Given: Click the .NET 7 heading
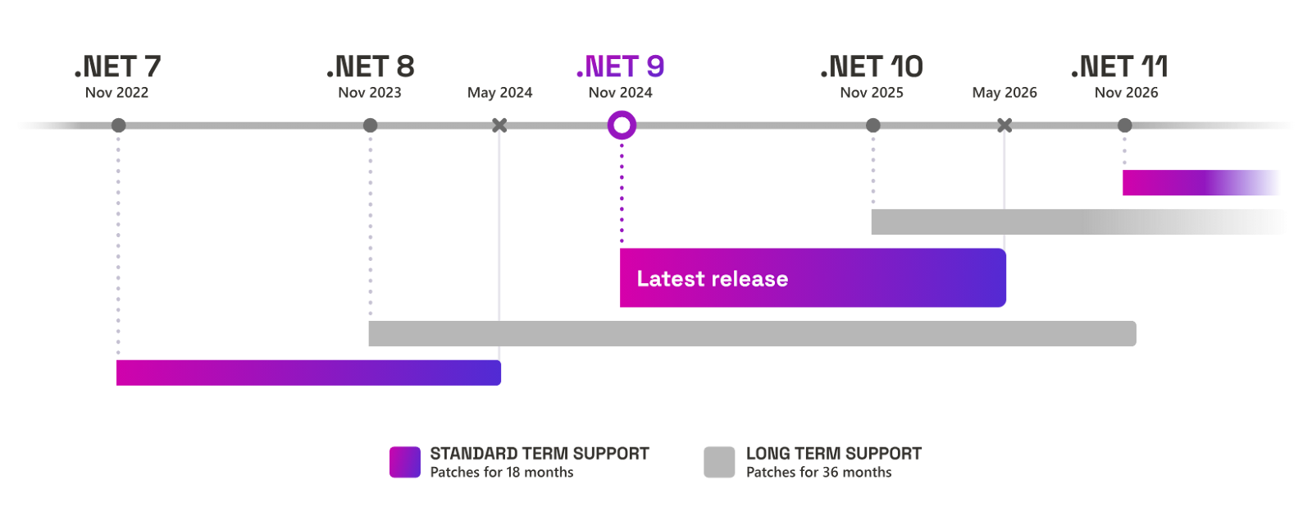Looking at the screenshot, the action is point(118,66).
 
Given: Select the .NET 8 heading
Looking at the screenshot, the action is point(370,66).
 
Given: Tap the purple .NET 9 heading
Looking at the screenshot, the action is point(620,66).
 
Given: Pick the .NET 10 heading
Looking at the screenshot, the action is point(872,66).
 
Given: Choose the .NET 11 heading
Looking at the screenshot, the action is point(1119,66).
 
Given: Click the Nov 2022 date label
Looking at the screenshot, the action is point(116,93).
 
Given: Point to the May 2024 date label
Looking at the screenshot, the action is point(499,93).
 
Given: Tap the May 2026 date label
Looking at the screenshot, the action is point(1004,93).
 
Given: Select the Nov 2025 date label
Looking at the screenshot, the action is point(872,93).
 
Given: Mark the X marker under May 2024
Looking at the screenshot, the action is point(499,125).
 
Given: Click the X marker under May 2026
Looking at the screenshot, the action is point(1004,125).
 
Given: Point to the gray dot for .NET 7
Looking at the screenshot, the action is point(118,125).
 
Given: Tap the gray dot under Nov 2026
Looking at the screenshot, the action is point(1124,125).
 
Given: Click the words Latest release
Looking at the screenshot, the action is point(713,278).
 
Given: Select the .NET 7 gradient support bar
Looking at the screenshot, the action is point(308,373).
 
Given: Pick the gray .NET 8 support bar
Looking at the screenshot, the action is point(753,333).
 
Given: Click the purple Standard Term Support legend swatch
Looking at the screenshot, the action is point(405,462).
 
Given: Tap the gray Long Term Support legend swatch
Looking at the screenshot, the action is point(719,462).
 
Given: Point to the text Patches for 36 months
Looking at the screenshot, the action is point(819,472).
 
